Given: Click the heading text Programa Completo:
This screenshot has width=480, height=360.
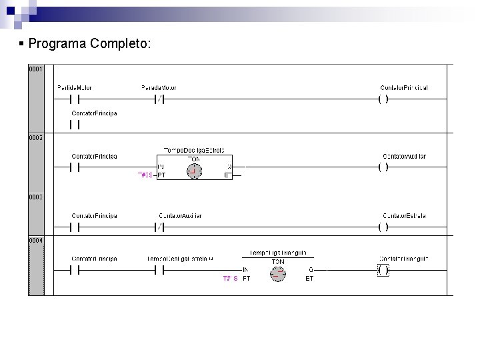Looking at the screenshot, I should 90,44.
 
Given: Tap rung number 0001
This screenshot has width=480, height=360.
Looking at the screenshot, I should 35,69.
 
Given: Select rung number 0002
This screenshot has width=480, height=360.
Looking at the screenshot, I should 35,137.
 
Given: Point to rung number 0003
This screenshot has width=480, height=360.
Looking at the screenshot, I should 35,197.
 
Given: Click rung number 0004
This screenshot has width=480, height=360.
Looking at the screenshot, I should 35,239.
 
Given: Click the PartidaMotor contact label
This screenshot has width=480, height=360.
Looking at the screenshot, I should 75,88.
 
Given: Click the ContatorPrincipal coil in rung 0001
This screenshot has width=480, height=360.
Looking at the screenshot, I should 383,99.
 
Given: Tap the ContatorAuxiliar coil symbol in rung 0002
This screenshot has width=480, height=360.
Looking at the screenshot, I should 383,167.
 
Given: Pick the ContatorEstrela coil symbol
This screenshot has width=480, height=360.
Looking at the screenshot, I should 383,227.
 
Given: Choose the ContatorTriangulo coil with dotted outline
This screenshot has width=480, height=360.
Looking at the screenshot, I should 383,270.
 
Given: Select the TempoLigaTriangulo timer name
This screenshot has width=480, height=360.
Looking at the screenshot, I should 278,253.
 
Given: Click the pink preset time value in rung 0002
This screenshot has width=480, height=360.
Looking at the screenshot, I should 146,175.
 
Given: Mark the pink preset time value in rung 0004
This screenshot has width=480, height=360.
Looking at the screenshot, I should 231,279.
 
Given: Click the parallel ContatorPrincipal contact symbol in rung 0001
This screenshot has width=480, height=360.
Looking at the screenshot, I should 75,124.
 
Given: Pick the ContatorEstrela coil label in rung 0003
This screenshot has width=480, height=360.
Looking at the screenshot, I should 404,216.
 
